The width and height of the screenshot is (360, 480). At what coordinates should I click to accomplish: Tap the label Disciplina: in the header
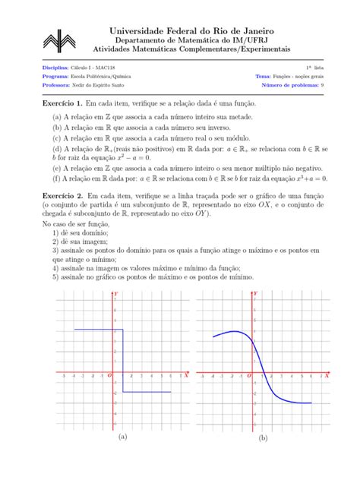56,68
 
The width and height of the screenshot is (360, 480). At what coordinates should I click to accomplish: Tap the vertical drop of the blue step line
122,361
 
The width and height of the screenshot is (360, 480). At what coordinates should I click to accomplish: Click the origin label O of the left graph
109,375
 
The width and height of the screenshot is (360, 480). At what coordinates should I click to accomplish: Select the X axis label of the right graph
327,375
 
